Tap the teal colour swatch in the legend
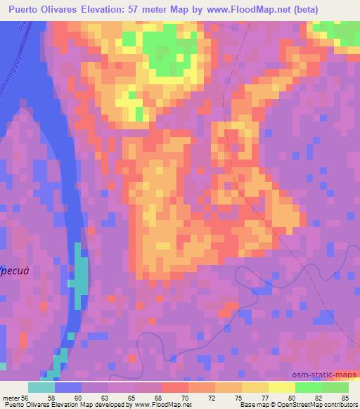click(x=41, y=387)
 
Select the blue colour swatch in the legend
click(x=68, y=387)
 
